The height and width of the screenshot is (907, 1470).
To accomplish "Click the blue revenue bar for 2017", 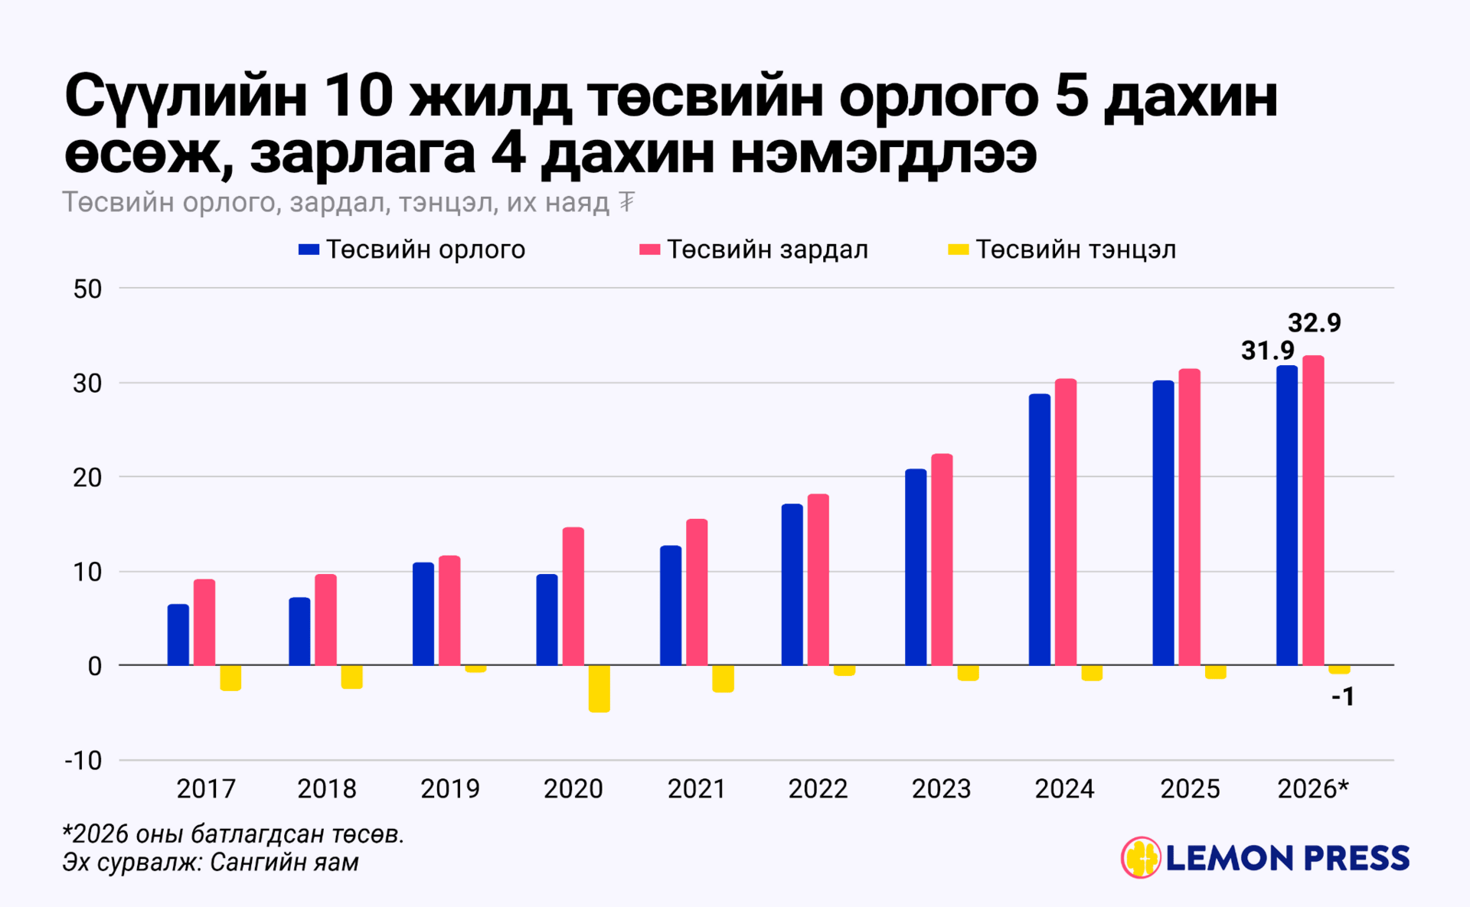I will (178, 635).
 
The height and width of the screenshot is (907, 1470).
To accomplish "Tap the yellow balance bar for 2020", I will (599, 688).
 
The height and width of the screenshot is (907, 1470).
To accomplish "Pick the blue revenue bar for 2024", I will (1039, 529).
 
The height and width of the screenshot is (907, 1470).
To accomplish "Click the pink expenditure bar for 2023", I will (942, 559).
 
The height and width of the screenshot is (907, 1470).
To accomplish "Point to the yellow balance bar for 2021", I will (723, 678).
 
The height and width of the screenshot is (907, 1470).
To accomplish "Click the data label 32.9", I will (1314, 323).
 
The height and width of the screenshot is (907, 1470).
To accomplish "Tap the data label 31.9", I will (1267, 351).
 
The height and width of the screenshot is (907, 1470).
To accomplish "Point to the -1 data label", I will (1343, 697).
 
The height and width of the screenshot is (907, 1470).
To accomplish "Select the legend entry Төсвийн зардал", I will (754, 250).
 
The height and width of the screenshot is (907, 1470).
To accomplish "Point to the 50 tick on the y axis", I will (87, 289).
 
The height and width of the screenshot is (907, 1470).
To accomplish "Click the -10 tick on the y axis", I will (83, 761).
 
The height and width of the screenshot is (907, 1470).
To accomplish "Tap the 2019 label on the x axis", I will (450, 789).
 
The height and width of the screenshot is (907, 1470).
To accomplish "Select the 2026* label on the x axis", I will (1313, 789).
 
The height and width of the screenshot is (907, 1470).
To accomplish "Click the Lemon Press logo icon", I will (1141, 857).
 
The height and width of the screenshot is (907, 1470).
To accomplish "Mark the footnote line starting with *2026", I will (233, 834).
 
